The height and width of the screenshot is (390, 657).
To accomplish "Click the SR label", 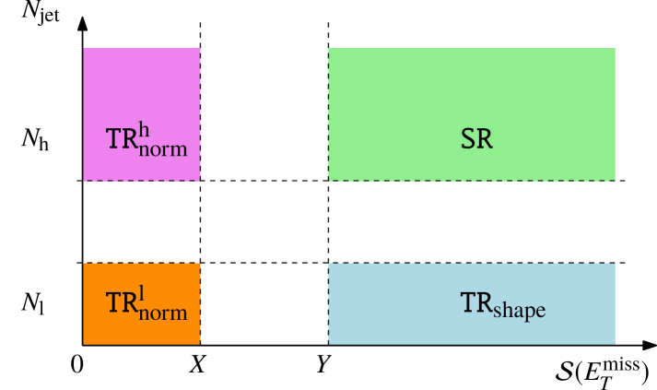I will (x=476, y=139).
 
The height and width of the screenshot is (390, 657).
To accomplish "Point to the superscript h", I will (x=145, y=129).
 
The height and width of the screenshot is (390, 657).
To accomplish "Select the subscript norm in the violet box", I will (x=163, y=148).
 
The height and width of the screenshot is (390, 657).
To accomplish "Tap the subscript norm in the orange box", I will (x=163, y=313).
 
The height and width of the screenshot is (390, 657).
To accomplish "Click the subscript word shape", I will (x=520, y=311).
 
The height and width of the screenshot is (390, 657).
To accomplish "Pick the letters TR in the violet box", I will (x=122, y=139).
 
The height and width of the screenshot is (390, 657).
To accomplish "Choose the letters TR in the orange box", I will (x=122, y=304).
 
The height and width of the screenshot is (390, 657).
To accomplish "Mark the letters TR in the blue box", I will (x=476, y=302).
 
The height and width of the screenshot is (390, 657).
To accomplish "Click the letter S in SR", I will (x=468, y=139).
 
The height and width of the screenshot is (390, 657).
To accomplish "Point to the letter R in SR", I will (x=485, y=139).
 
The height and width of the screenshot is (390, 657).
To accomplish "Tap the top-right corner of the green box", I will (x=615, y=48).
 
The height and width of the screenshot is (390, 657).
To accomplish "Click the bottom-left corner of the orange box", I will (x=84, y=344).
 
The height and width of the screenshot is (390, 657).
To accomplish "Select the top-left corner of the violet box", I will (x=84, y=48).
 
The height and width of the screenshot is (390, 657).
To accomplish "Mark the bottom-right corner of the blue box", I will (x=615, y=344).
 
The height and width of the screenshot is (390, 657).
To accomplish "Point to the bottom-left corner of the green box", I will (x=329, y=181).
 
